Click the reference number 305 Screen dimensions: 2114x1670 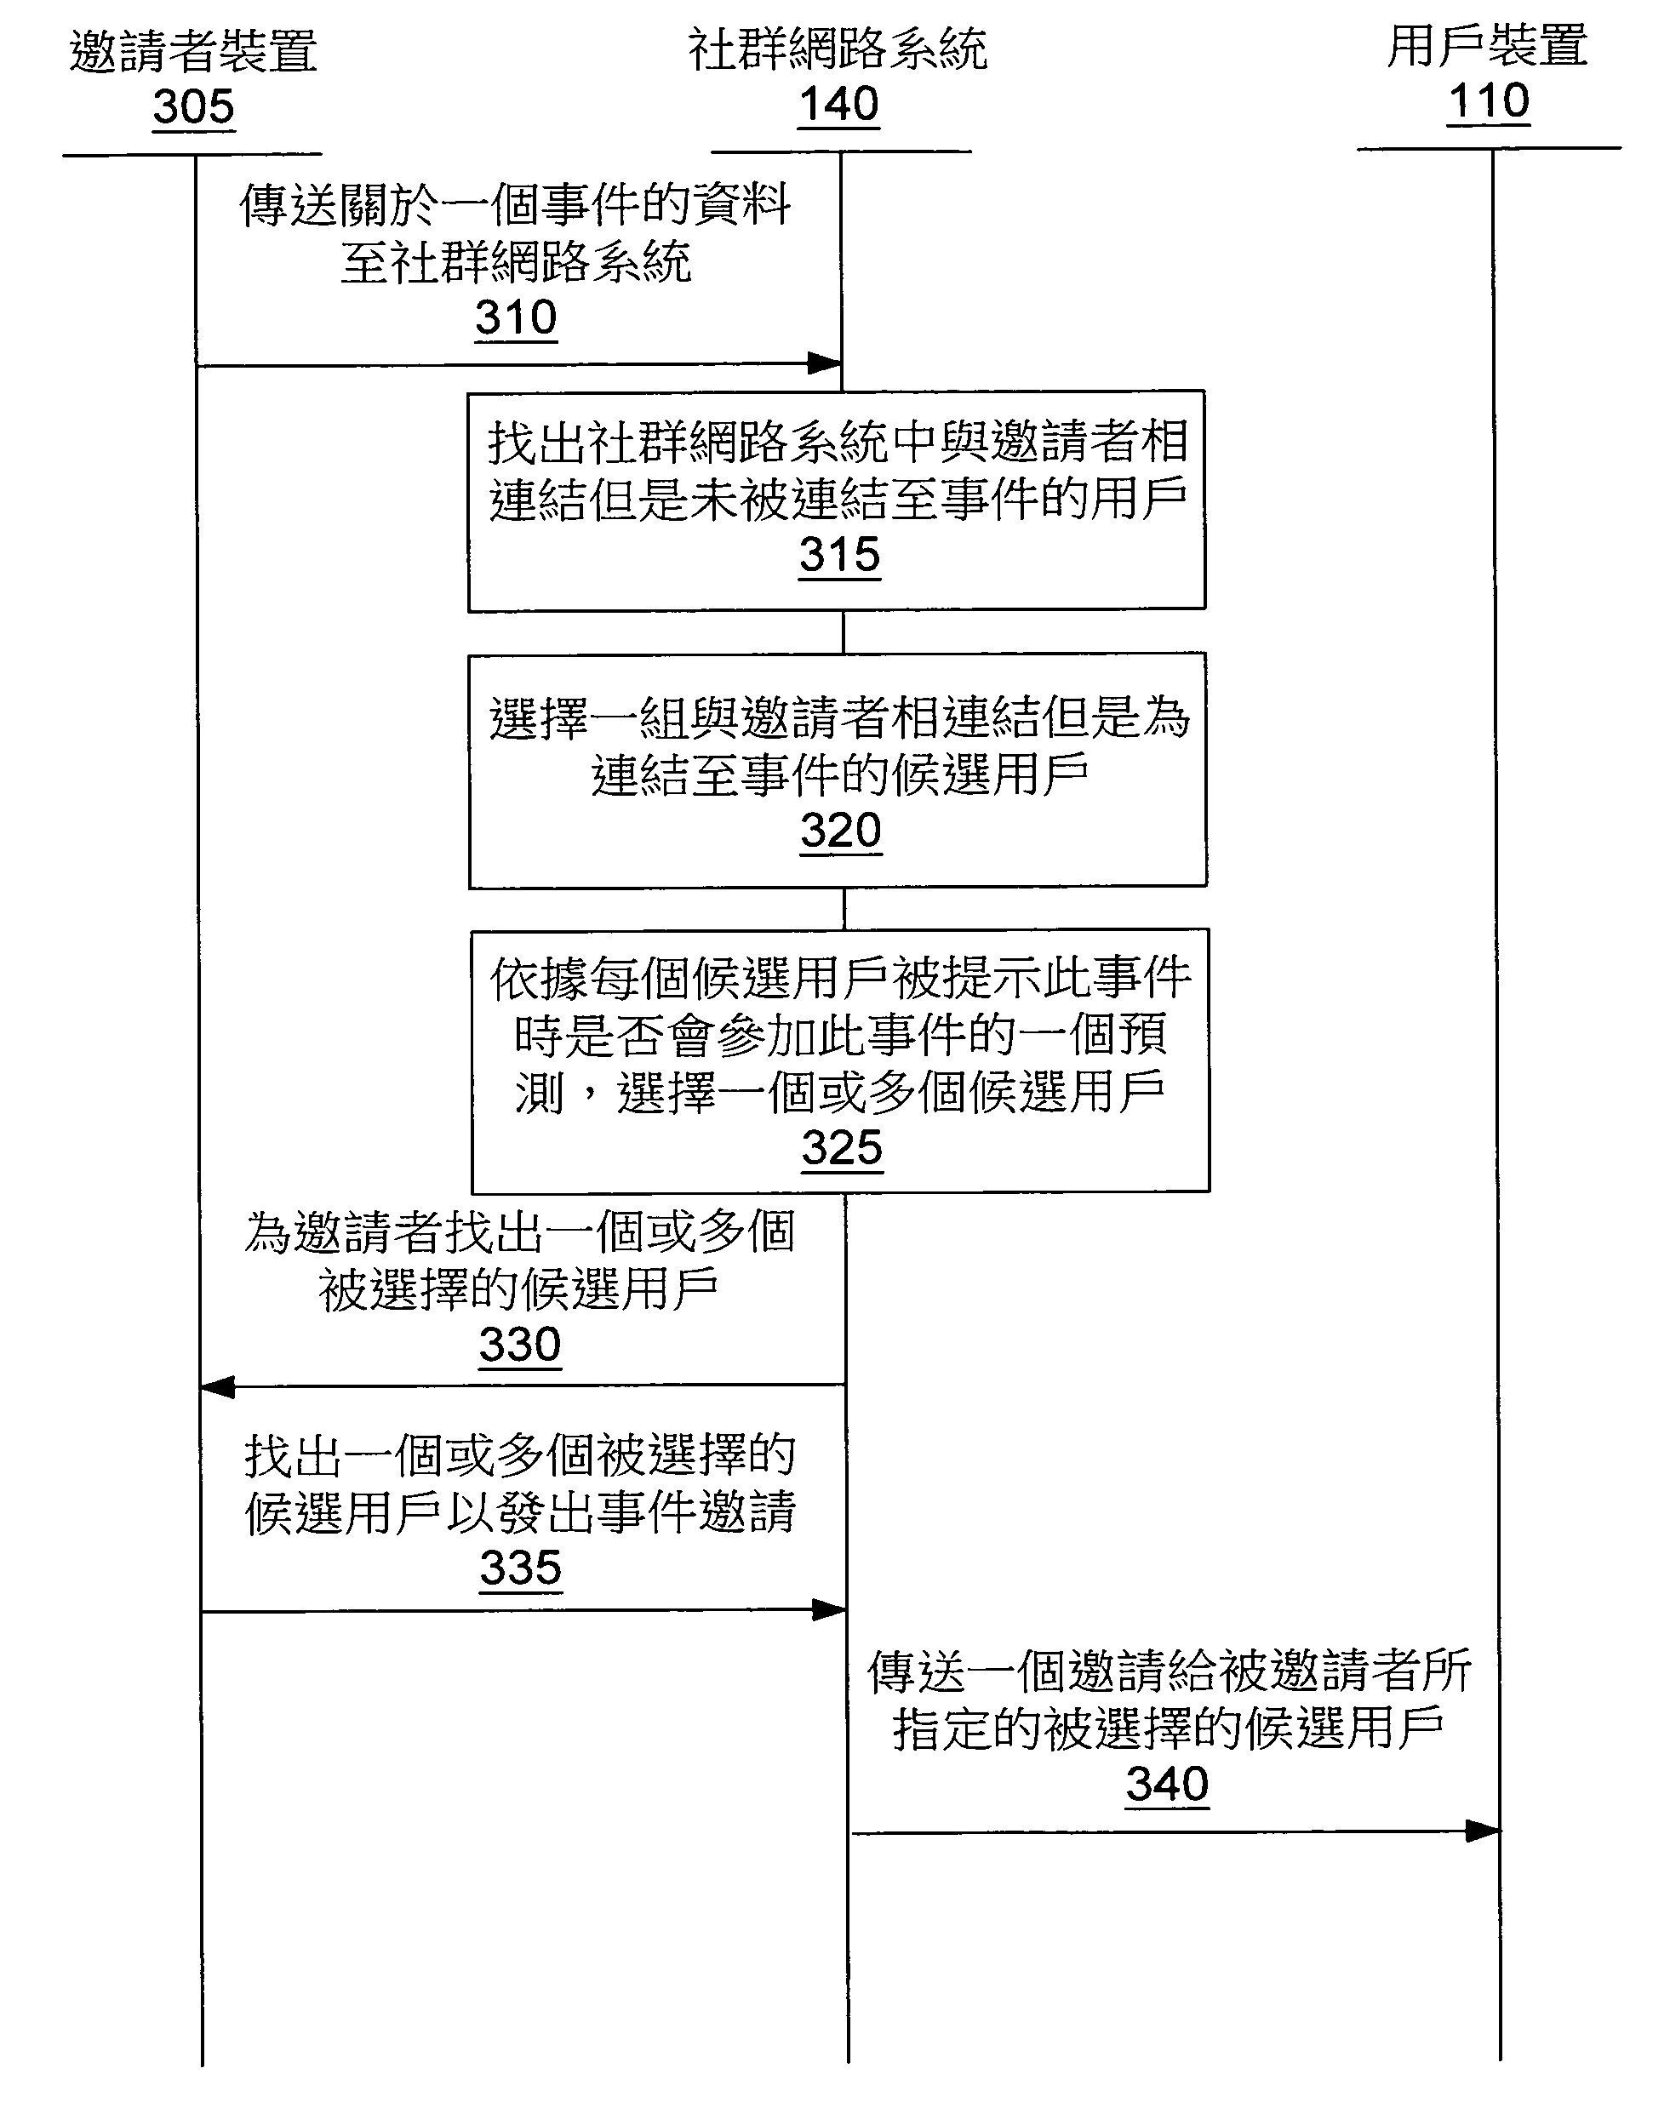coord(193,106)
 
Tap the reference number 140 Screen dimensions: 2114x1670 coord(839,104)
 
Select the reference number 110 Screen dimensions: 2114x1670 coord(1488,100)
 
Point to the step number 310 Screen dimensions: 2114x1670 coord(515,317)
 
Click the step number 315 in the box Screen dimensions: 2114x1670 coord(839,555)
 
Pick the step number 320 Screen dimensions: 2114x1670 coord(841,831)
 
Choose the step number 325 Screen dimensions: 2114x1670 coord(842,1147)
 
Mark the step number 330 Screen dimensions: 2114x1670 coord(519,1344)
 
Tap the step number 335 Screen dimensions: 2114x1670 coord(520,1568)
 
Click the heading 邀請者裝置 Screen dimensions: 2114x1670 coord(193,51)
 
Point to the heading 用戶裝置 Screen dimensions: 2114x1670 coord(1487,46)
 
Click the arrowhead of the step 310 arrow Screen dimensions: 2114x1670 coord(824,364)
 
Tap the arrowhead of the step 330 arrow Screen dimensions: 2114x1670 coord(217,1387)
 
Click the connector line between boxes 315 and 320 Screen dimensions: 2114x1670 coord(843,632)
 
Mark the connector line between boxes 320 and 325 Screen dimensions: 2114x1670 coord(844,908)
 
